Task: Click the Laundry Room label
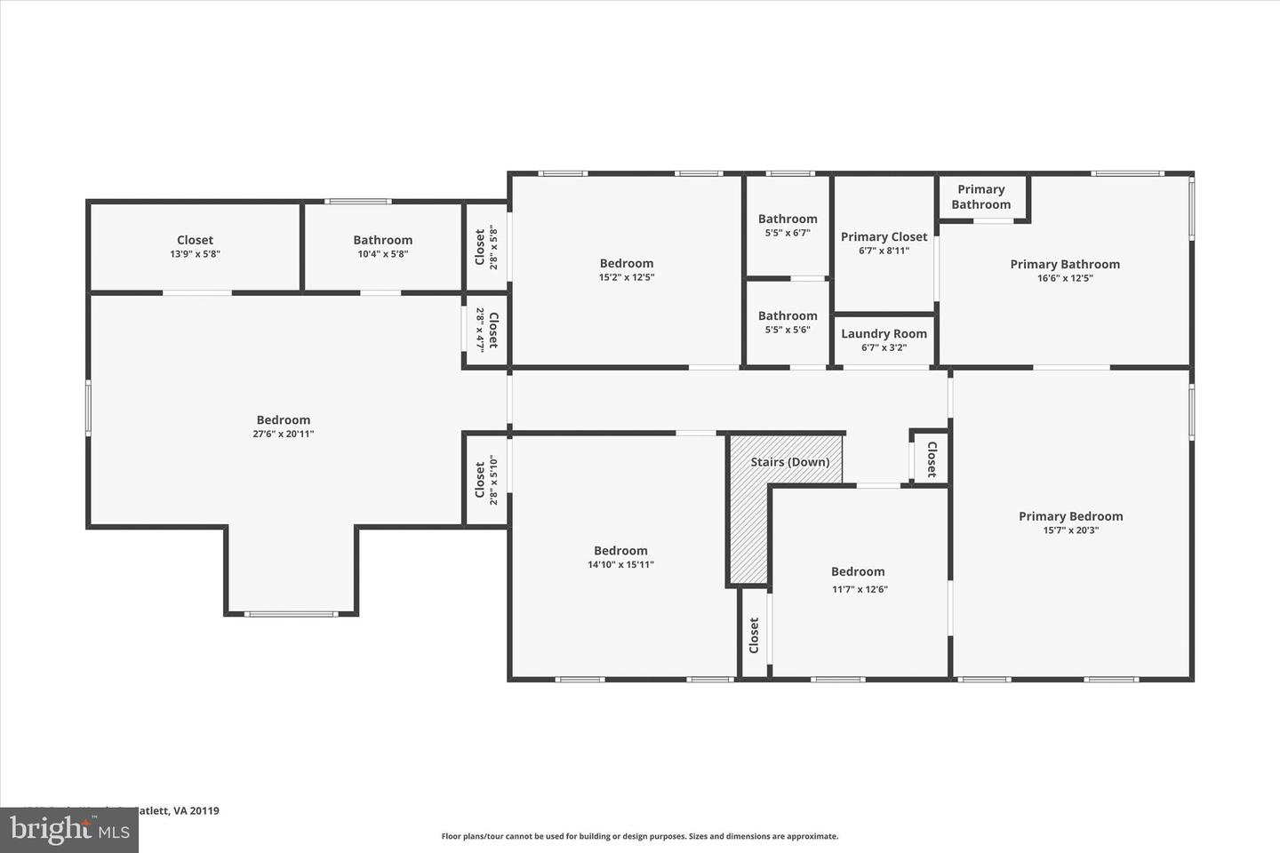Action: tap(884, 334)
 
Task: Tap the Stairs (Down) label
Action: tap(789, 462)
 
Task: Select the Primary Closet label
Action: tap(884, 236)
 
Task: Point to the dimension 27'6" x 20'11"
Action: tap(284, 434)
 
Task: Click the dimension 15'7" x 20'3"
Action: tap(1070, 530)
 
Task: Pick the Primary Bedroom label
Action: tap(1070, 516)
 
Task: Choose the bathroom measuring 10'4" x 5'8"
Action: tap(382, 246)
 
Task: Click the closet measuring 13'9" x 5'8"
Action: tap(195, 246)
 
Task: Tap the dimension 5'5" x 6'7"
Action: tap(788, 233)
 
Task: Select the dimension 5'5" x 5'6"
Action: tap(788, 330)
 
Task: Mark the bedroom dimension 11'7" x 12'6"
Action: tap(858, 589)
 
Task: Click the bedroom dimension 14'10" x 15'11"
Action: tap(620, 564)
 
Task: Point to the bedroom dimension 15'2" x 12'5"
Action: tap(627, 277)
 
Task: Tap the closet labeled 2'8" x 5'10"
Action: tap(486, 480)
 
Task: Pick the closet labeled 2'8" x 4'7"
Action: tap(486, 330)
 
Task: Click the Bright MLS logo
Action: tap(68, 830)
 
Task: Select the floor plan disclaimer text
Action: tap(640, 836)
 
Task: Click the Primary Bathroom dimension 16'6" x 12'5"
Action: tap(1065, 278)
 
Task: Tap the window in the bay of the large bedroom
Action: tap(291, 614)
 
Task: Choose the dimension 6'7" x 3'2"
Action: tap(884, 348)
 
